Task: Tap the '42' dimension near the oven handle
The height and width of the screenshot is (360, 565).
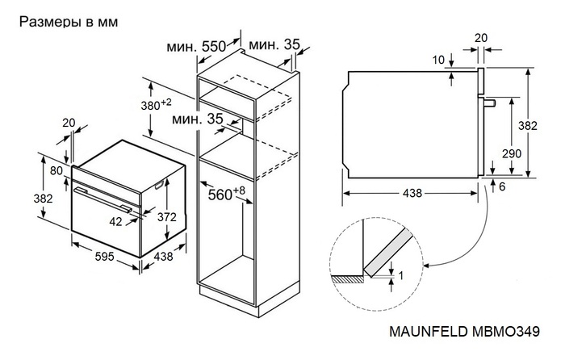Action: [x=117, y=220]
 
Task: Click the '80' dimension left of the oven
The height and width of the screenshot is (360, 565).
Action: [x=55, y=171]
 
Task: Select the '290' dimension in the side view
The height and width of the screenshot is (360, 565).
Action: [x=511, y=153]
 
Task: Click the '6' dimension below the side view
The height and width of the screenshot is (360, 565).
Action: [x=502, y=186]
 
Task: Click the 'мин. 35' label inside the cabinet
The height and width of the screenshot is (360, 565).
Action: [x=197, y=119]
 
